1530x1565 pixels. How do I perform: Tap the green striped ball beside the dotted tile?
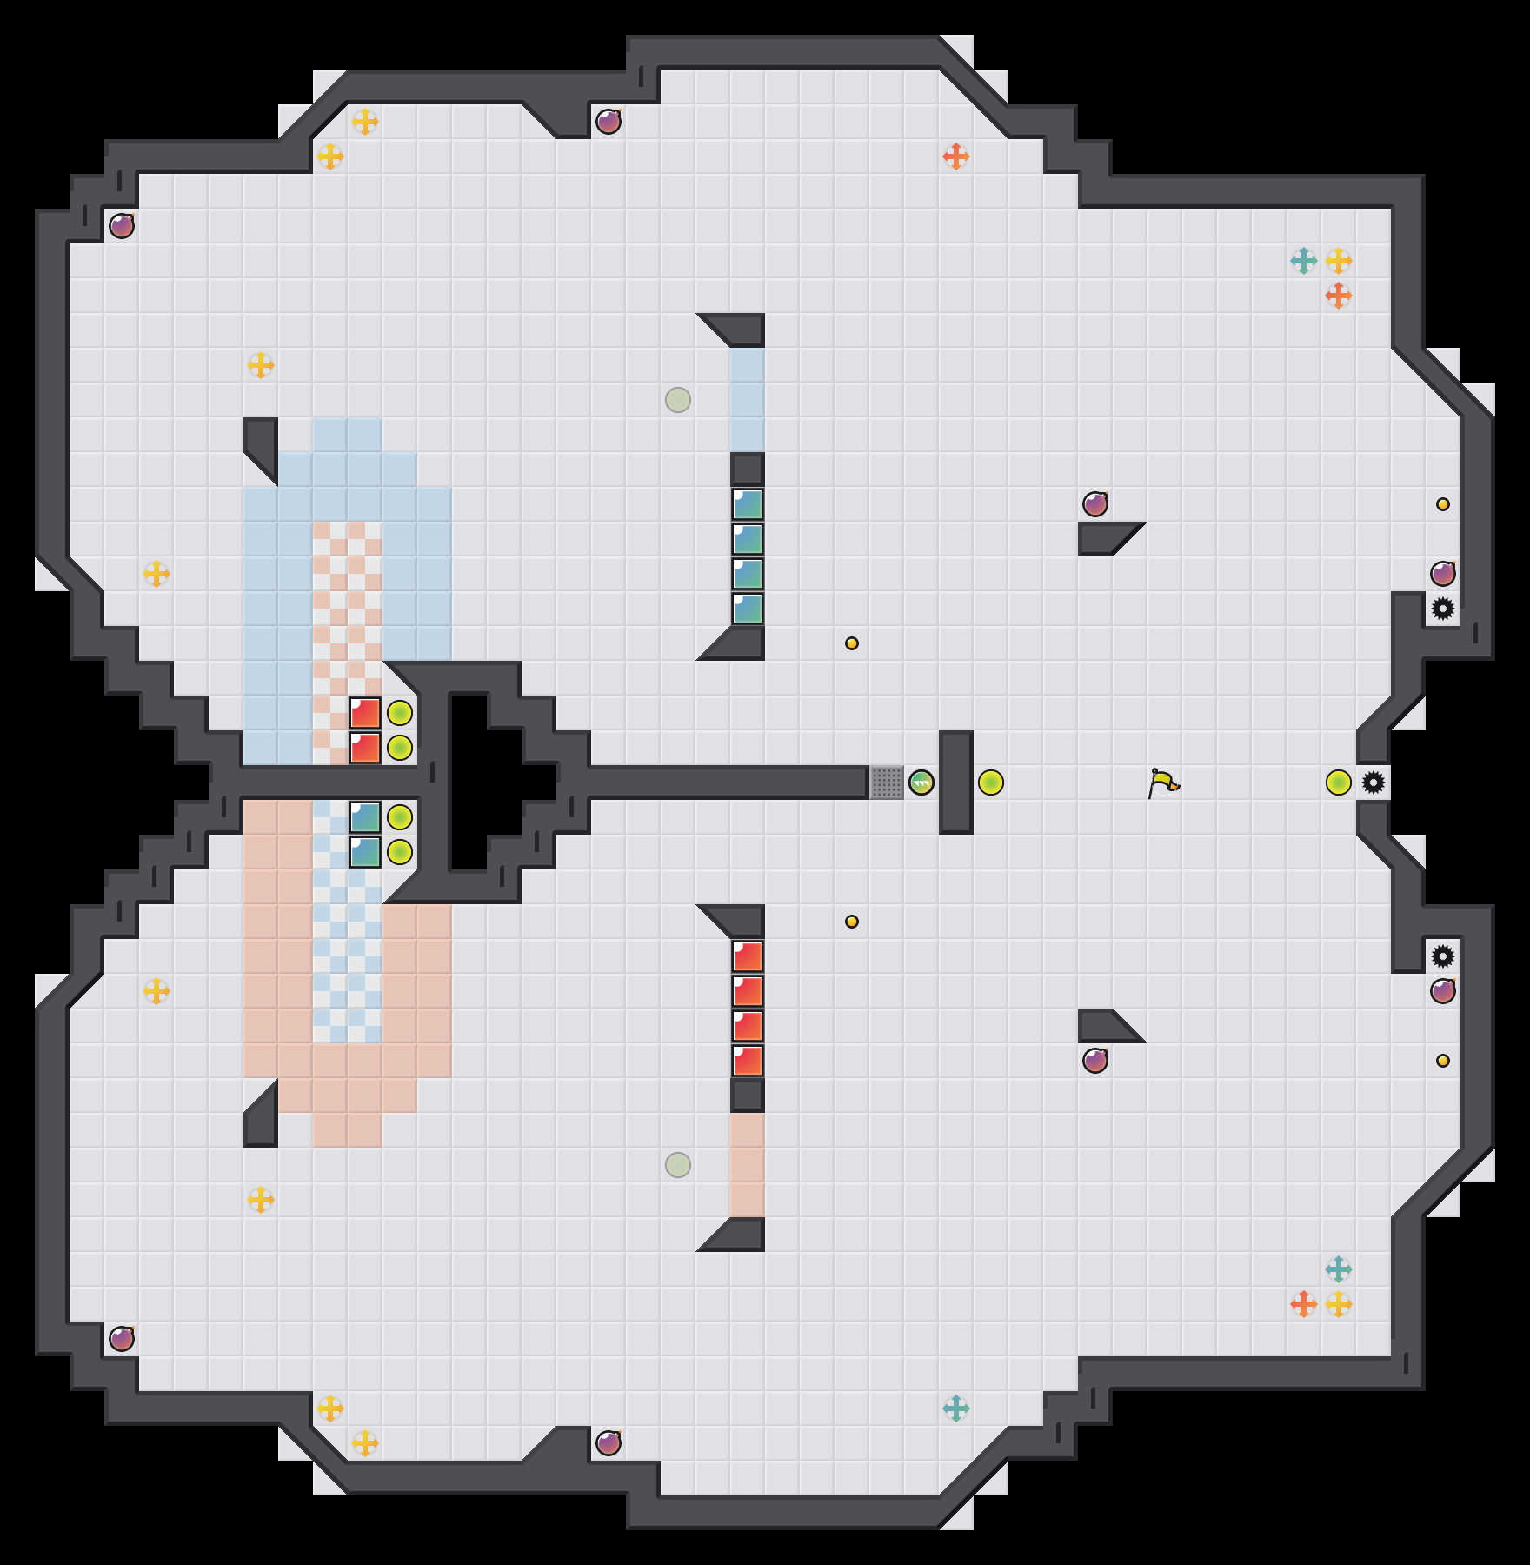[921, 782]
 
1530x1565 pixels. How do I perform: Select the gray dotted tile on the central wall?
[887, 782]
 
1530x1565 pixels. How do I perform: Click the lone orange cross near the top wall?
[956, 156]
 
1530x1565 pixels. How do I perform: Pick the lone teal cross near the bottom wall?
[956, 1408]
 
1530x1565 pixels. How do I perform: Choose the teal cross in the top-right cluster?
[1304, 261]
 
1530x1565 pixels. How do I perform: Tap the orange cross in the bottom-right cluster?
[1304, 1304]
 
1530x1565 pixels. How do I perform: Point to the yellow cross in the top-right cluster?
[1339, 261]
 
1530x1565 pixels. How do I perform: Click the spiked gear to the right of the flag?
[1374, 782]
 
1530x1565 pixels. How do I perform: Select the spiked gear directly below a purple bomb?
[1443, 609]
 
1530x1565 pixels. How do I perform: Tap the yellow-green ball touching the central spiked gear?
[1339, 782]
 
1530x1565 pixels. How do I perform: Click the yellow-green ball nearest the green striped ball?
[991, 782]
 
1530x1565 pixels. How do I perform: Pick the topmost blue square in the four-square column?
[748, 504]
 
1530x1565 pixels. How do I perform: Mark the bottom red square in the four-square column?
[748, 1061]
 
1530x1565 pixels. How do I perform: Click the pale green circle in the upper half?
[678, 400]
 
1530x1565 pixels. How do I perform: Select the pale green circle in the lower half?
[678, 1165]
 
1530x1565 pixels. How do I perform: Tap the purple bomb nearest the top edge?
[609, 122]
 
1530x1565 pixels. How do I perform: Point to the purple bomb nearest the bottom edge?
[609, 1443]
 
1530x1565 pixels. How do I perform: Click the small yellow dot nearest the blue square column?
[852, 643]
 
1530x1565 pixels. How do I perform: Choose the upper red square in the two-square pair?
[365, 713]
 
